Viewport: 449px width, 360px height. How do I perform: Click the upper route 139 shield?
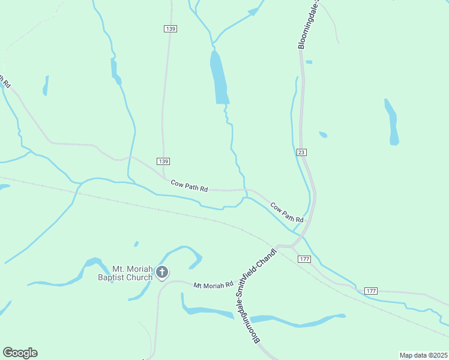click(x=170, y=29)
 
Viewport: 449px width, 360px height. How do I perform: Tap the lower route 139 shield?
click(x=163, y=161)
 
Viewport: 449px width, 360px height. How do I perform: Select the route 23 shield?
click(x=301, y=153)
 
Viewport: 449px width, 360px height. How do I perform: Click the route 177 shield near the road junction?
click(x=304, y=259)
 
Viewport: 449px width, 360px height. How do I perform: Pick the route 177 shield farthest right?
click(x=371, y=291)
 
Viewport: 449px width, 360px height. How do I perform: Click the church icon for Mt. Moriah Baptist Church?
click(x=161, y=272)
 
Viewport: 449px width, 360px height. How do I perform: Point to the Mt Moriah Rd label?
click(x=213, y=286)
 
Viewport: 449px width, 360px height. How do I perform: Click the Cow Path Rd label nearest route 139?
click(x=189, y=186)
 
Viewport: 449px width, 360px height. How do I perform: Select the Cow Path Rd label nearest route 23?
click(x=286, y=211)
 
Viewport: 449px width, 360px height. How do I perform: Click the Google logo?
click(x=20, y=353)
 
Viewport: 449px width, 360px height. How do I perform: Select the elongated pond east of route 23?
click(x=392, y=123)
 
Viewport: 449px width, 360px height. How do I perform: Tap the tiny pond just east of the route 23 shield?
click(x=323, y=134)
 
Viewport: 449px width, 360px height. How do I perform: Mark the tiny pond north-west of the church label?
click(x=136, y=244)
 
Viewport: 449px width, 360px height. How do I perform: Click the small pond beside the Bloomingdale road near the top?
click(x=309, y=62)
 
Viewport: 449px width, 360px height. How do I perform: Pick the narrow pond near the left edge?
click(x=46, y=86)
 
